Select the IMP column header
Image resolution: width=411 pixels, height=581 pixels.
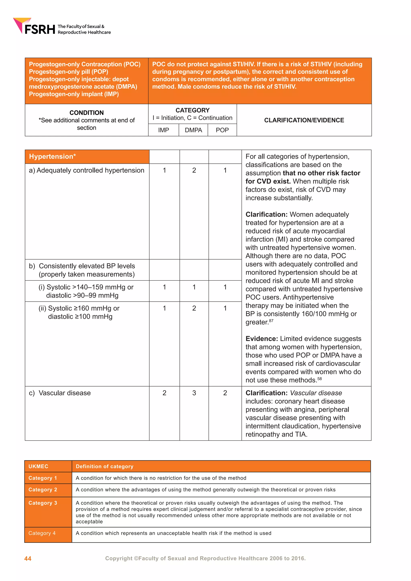click(164, 130)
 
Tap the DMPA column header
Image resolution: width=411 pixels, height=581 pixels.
click(193, 130)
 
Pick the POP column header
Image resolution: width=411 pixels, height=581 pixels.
click(222, 130)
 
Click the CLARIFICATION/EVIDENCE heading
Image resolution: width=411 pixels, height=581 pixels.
click(304, 120)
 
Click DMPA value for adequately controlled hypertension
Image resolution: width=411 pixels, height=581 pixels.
click(194, 170)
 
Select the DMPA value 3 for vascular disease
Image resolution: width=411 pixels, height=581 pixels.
click(194, 393)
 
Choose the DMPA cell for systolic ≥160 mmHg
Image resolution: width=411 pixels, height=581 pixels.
click(194, 308)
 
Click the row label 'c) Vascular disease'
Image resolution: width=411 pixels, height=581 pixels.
click(60, 393)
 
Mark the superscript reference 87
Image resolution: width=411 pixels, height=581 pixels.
click(271, 321)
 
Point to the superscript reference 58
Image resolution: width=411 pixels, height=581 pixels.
click(320, 379)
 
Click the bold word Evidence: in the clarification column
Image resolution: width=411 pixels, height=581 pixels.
click(262, 339)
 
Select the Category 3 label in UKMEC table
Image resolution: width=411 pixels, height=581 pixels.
click(43, 503)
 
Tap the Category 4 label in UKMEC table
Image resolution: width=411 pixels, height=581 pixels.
click(42, 533)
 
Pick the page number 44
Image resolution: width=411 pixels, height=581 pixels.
click(28, 559)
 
